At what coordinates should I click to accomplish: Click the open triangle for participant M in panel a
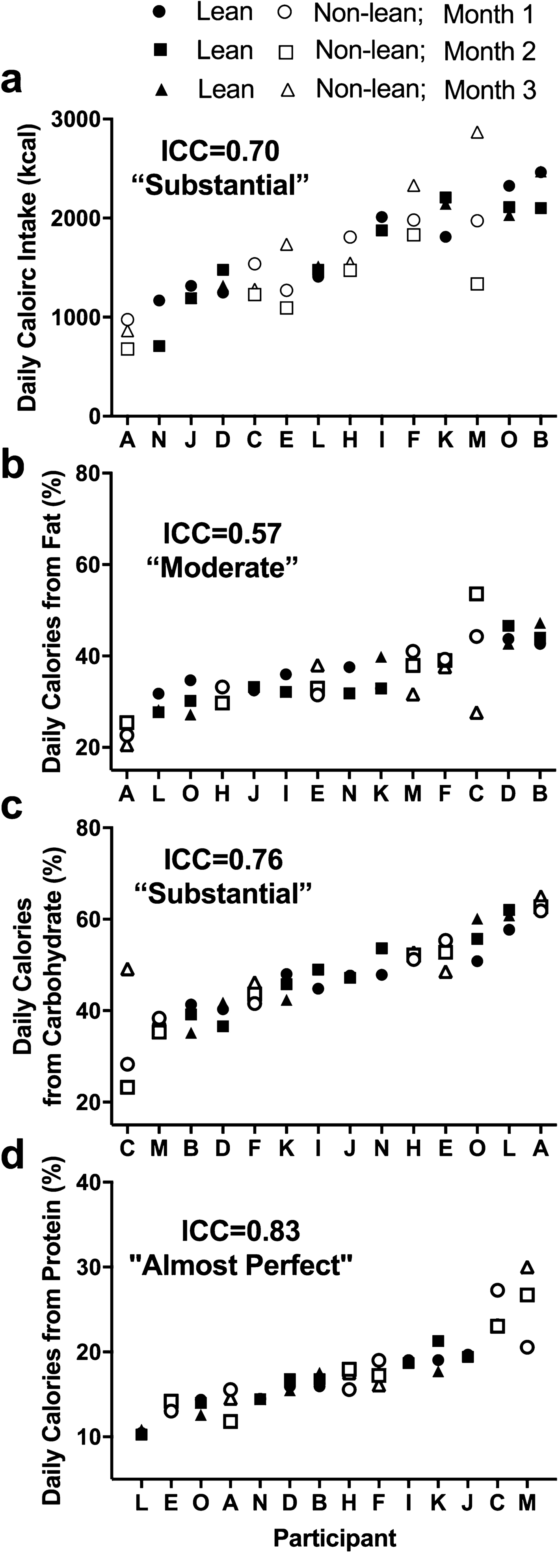click(x=477, y=133)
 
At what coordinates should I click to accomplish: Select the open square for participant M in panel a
click(x=477, y=283)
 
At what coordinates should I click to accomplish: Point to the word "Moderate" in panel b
click(x=223, y=568)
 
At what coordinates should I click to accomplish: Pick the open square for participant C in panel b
click(x=477, y=594)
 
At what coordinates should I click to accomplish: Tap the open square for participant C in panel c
click(x=127, y=1087)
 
